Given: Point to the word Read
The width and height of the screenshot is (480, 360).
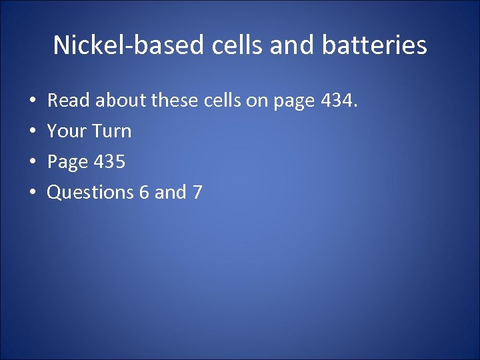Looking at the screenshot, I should click(69, 101).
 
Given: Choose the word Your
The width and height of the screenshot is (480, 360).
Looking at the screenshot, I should click(67, 131).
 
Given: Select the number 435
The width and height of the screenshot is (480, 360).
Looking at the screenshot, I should click(109, 162).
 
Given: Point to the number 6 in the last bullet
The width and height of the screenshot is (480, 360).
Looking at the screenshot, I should click(144, 193).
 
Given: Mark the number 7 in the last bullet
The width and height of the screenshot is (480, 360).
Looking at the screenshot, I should click(197, 193).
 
